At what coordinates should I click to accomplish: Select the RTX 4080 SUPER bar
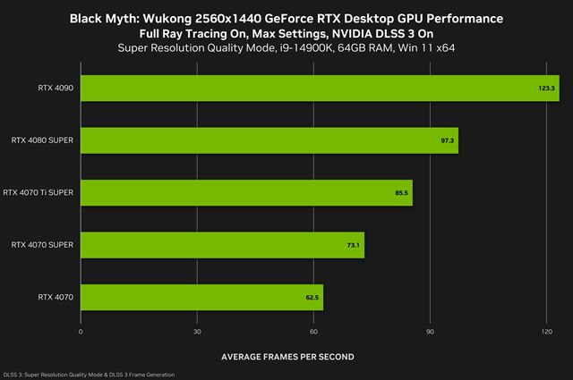[269, 140]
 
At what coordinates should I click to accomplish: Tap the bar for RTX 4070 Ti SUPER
[246, 192]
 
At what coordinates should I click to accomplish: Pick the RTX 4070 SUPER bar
[222, 244]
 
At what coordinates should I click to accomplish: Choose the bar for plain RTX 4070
[201, 296]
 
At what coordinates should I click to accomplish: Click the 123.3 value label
[546, 89]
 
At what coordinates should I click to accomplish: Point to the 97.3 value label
[447, 140]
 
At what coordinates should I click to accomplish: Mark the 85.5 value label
[401, 192]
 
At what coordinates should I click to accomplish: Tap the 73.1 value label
[353, 244]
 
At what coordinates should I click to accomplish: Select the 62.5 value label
[312, 296]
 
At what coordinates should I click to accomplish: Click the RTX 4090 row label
[56, 89]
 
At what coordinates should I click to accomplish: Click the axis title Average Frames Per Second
[286, 357]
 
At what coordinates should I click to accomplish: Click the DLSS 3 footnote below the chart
[89, 374]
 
